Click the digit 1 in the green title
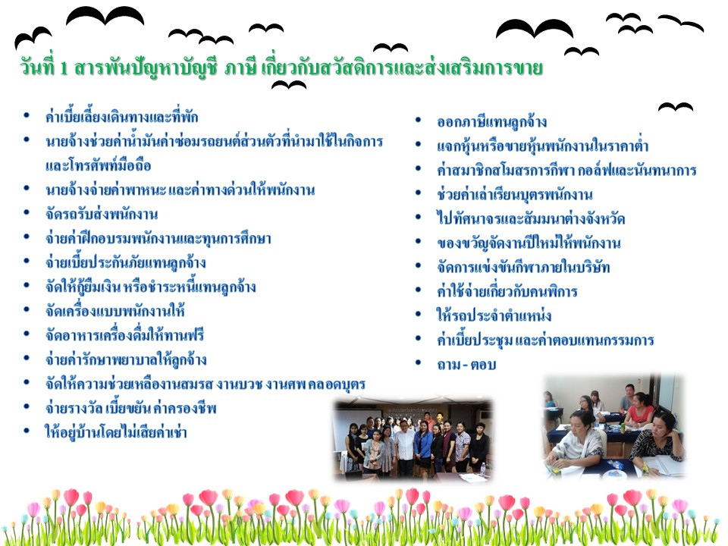pyautogui.click(x=64, y=68)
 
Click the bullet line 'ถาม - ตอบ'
pyautogui.click(x=466, y=365)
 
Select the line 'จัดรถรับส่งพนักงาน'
pyautogui.click(x=102, y=214)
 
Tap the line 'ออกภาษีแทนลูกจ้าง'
pyautogui.click(x=491, y=122)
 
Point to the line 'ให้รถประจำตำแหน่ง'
pyautogui.click(x=494, y=315)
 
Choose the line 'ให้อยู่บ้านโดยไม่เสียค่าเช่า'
pyautogui.click(x=115, y=432)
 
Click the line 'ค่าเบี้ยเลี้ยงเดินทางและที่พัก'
pyautogui.click(x=121, y=117)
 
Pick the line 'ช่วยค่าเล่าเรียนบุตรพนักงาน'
pyautogui.click(x=515, y=195)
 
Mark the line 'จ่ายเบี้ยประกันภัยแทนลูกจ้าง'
pyautogui.click(x=125, y=263)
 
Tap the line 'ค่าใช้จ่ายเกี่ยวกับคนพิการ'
pyautogui.click(x=507, y=291)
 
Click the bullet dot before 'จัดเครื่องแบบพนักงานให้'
pyautogui.click(x=27, y=309)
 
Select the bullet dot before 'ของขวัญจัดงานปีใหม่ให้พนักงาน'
pyautogui.click(x=419, y=241)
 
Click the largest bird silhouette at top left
pyautogui.click(x=105, y=16)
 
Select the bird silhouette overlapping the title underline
pyautogui.click(x=289, y=85)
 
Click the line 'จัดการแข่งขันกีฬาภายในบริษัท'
pyautogui.click(x=523, y=268)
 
